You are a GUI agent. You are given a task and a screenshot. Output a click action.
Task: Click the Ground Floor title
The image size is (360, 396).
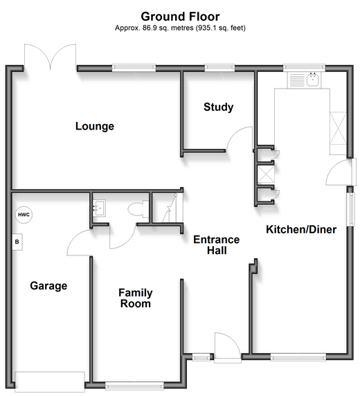click(180, 17)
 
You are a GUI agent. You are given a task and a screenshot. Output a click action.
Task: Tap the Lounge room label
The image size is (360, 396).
click(95, 126)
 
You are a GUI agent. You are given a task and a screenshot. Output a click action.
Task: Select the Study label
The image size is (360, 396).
click(219, 107)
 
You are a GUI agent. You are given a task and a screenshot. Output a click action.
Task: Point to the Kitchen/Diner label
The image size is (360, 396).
click(301, 229)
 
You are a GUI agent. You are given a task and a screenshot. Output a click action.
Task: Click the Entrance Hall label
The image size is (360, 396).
click(217, 245)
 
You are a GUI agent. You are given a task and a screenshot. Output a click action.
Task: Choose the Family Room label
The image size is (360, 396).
click(136, 298)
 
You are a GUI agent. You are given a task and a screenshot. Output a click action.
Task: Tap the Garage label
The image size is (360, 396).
click(48, 286)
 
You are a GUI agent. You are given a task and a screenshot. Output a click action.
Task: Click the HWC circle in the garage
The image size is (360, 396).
click(24, 215)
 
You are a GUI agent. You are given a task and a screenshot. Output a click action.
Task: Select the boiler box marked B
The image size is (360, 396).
click(17, 242)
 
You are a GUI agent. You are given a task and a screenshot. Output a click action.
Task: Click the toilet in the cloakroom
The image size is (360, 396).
click(138, 209)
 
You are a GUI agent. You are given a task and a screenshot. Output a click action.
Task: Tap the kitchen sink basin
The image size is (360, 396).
click(313, 79)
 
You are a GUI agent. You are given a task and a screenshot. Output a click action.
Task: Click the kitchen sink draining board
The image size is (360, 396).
click(297, 80)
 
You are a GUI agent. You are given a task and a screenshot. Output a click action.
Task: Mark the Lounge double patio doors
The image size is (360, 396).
click(51, 57)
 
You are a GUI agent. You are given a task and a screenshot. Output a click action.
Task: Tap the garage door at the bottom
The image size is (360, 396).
click(50, 381)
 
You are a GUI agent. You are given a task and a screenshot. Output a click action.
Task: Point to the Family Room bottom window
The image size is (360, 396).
click(134, 386)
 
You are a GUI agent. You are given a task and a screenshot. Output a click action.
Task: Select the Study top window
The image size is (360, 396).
click(219, 66)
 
